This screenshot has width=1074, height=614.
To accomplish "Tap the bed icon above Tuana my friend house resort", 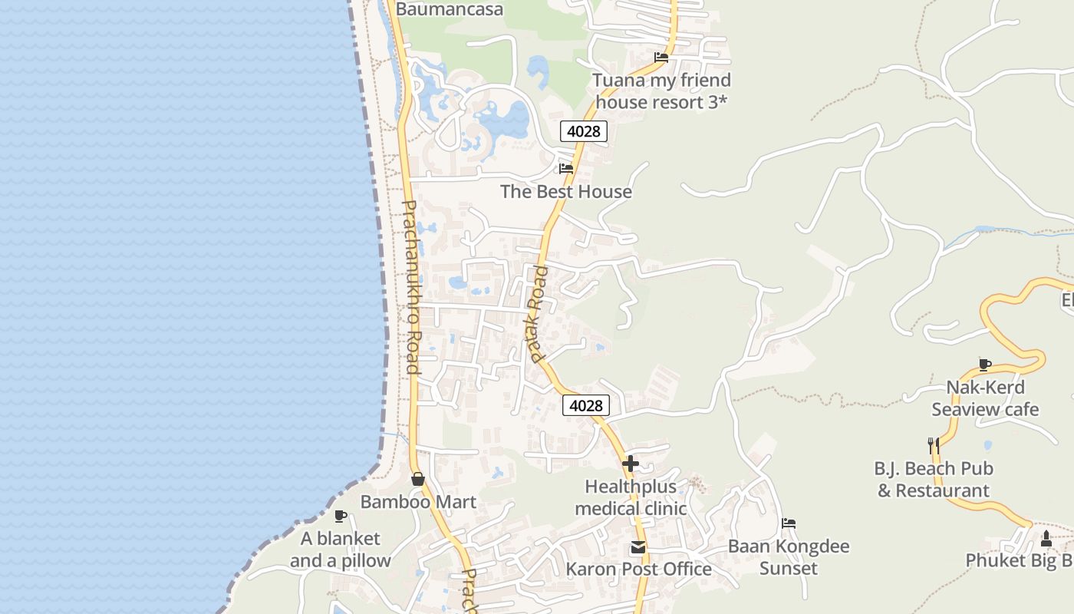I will click(x=661, y=58).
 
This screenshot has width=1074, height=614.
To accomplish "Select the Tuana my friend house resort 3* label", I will click(x=661, y=91).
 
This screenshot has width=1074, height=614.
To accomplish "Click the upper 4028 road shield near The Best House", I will click(x=583, y=131).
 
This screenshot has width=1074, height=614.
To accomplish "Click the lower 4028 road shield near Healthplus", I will click(x=585, y=405).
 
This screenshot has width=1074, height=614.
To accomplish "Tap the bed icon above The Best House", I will click(x=566, y=169).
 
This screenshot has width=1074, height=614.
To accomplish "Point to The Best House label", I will click(x=566, y=192).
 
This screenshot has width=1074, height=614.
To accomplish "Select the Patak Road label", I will click(x=537, y=315).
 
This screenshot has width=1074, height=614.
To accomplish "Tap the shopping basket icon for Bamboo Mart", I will click(x=418, y=479).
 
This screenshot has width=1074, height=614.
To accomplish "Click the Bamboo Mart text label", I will click(x=418, y=502).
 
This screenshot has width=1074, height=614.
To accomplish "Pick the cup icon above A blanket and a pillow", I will click(x=341, y=516).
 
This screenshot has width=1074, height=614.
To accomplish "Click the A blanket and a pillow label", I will click(x=341, y=550).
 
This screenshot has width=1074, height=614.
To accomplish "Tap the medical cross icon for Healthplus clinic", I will click(x=631, y=464).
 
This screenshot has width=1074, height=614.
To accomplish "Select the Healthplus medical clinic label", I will click(x=631, y=497).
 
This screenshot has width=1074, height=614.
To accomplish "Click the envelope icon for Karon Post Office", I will click(x=638, y=547).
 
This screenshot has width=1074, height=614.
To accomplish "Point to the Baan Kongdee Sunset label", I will click(x=789, y=557).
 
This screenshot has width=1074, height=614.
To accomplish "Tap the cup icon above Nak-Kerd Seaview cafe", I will click(x=985, y=365).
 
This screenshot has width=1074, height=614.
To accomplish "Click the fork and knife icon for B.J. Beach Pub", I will click(x=934, y=444).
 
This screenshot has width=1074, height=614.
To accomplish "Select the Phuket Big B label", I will click(x=1019, y=560).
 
